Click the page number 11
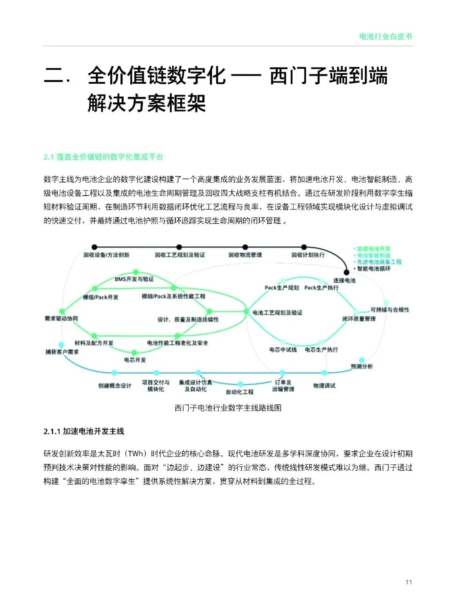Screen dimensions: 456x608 tap(408, 582)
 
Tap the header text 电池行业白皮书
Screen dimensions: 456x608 tap(385, 37)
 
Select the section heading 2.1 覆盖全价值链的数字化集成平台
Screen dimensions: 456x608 tap(103, 157)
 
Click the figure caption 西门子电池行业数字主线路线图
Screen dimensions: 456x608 tap(228, 408)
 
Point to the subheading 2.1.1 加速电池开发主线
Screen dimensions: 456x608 tap(84, 431)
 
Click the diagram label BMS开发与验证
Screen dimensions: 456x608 tap(134, 279)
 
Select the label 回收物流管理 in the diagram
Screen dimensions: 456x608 tap(245, 255)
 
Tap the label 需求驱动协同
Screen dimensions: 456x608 tap(61, 319)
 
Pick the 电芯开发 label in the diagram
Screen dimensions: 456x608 tap(135, 360)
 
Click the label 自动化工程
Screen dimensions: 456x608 tap(239, 392)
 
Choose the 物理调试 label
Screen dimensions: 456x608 tap(324, 385)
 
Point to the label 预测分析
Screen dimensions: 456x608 tap(362, 366)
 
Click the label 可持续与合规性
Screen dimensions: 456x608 tap(390, 310)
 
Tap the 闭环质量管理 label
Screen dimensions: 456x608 tap(359, 319)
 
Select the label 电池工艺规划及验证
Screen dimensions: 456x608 tap(277, 313)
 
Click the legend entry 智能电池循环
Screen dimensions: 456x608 tap(374, 268)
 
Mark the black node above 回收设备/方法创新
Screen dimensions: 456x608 tap(94, 247)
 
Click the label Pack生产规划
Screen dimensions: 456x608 tap(282, 288)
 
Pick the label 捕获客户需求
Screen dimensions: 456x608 tap(62, 352)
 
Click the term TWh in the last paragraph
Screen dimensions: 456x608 tap(136, 454)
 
